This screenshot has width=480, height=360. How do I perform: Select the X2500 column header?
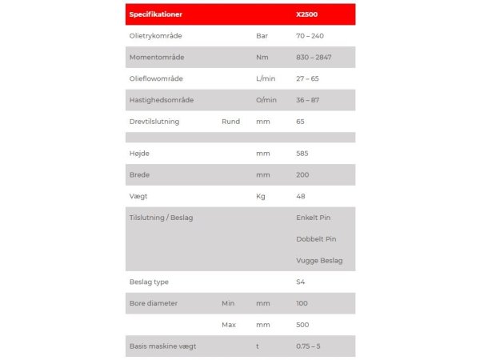[x=307, y=14]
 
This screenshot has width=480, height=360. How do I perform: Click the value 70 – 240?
[x=310, y=36]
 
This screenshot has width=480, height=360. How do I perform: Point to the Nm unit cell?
[x=261, y=58]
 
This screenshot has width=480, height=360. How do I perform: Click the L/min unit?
[x=266, y=79]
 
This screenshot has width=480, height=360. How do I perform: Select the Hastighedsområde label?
[x=161, y=100]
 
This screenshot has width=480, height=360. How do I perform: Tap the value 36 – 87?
[x=308, y=100]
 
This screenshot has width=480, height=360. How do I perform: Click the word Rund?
[x=230, y=122]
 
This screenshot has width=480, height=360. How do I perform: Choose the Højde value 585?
[x=302, y=153]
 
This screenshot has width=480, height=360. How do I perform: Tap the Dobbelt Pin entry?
[x=316, y=239]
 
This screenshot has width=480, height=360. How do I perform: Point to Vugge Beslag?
[x=319, y=261]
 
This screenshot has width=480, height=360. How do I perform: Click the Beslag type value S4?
[x=300, y=282]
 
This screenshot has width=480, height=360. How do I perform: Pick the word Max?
[x=229, y=325]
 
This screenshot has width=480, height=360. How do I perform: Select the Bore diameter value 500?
[x=302, y=325]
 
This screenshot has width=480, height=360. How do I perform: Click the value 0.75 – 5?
[x=308, y=346]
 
